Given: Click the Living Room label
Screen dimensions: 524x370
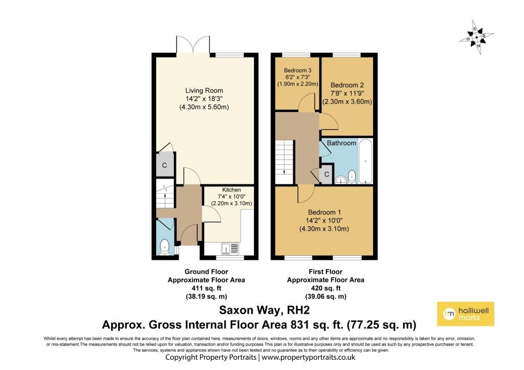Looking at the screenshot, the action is pyautogui.click(x=204, y=91).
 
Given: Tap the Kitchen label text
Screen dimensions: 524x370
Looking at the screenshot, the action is pyautogui.click(x=231, y=190).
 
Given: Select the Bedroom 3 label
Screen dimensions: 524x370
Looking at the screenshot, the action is pyautogui.click(x=297, y=71).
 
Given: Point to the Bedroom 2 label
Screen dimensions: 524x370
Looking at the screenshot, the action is pyautogui.click(x=347, y=85).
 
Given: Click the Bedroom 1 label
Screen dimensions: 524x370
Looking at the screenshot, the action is pyautogui.click(x=324, y=212).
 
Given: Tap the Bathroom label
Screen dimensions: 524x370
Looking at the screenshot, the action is pyautogui.click(x=341, y=143).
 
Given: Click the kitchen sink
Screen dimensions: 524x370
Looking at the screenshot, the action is pyautogui.click(x=230, y=248).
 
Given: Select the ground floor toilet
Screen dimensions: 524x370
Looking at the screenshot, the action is pyautogui.click(x=164, y=247).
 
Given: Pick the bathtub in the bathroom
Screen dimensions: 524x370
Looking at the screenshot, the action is pyautogui.click(x=365, y=161).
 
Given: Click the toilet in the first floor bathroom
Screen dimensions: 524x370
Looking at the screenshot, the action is pyautogui.click(x=352, y=177).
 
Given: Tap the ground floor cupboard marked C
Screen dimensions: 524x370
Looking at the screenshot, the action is pyautogui.click(x=165, y=165).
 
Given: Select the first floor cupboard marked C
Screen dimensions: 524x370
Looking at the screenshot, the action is pyautogui.click(x=326, y=174).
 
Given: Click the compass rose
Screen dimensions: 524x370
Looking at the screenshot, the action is pyautogui.click(x=476, y=37).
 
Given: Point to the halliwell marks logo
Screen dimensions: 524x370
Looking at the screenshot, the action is pyautogui.click(x=466, y=314).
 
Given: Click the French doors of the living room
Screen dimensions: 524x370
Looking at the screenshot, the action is pyautogui.click(x=193, y=45).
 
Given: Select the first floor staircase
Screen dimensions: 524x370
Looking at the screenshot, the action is pyautogui.click(x=284, y=162).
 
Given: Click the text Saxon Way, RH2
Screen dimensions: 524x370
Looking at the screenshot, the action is pyautogui.click(x=265, y=310).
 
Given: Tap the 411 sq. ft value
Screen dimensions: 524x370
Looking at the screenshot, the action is pyautogui.click(x=206, y=288).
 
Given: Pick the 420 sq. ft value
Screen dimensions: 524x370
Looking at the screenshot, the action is pyautogui.click(x=325, y=288).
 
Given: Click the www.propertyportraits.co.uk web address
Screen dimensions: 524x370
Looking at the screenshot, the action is pyautogui.click(x=308, y=357).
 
